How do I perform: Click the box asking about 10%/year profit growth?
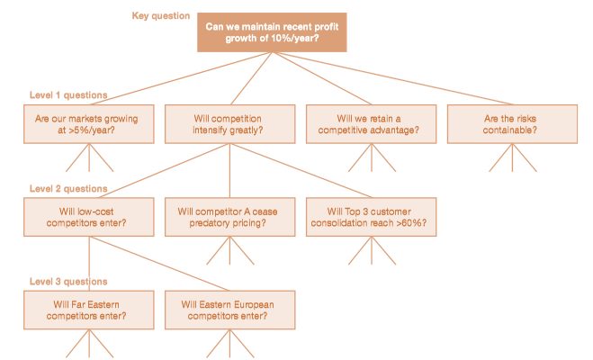272,32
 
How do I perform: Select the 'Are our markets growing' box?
89,124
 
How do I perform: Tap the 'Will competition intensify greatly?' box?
230,124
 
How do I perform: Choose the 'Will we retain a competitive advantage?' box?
371,124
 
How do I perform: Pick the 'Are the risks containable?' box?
512,124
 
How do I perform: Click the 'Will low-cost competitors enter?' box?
89,217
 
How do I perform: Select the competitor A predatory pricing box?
230,217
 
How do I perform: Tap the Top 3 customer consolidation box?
371,217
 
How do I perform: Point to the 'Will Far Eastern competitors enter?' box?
89,310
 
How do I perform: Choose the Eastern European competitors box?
230,310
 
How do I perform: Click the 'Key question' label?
161,16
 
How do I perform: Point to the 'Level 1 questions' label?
68,95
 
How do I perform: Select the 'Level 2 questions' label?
68,189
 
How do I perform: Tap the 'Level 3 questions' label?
68,282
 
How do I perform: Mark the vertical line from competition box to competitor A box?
229,170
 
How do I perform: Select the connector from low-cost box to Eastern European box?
159,264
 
